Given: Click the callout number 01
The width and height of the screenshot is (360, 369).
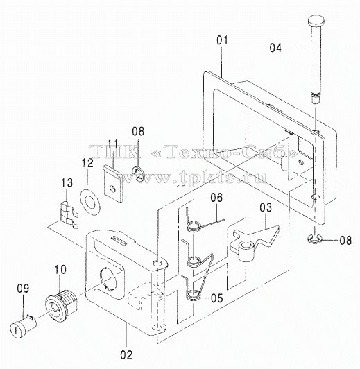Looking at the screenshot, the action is [x=222, y=40].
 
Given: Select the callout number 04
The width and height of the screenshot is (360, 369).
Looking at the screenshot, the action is [x=275, y=48].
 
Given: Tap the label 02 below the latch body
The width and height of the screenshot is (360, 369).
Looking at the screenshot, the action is [x=126, y=355].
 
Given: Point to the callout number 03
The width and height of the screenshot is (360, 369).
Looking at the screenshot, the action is [x=266, y=207].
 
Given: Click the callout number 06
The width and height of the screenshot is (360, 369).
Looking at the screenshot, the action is [x=216, y=198].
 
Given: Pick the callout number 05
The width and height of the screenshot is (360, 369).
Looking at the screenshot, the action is [x=216, y=298].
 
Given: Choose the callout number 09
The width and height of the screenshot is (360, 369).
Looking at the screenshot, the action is [x=23, y=289].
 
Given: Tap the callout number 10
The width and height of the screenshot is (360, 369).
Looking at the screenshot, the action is [x=60, y=270].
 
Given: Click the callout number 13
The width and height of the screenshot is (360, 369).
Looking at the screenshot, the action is [x=67, y=183].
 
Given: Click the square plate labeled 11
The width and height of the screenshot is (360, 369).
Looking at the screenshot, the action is [x=114, y=183].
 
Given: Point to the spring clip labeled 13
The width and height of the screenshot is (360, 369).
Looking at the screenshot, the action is [x=68, y=215].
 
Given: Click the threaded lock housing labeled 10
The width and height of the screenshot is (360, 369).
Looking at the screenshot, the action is [x=61, y=303].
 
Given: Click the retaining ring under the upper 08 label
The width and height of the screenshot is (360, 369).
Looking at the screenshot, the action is [x=137, y=173].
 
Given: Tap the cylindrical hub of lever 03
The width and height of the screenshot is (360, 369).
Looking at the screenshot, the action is [x=246, y=252].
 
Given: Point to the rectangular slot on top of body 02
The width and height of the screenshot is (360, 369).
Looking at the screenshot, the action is [x=120, y=241].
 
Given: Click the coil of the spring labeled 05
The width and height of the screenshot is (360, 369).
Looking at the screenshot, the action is [x=193, y=295].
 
